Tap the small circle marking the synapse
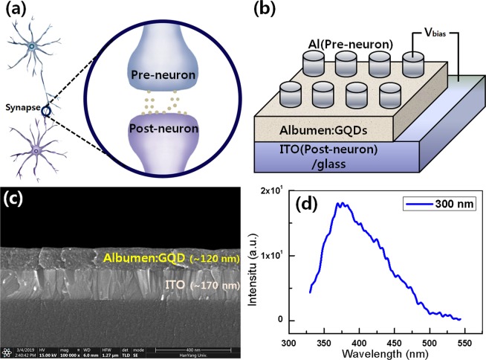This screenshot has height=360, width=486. [46, 111]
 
